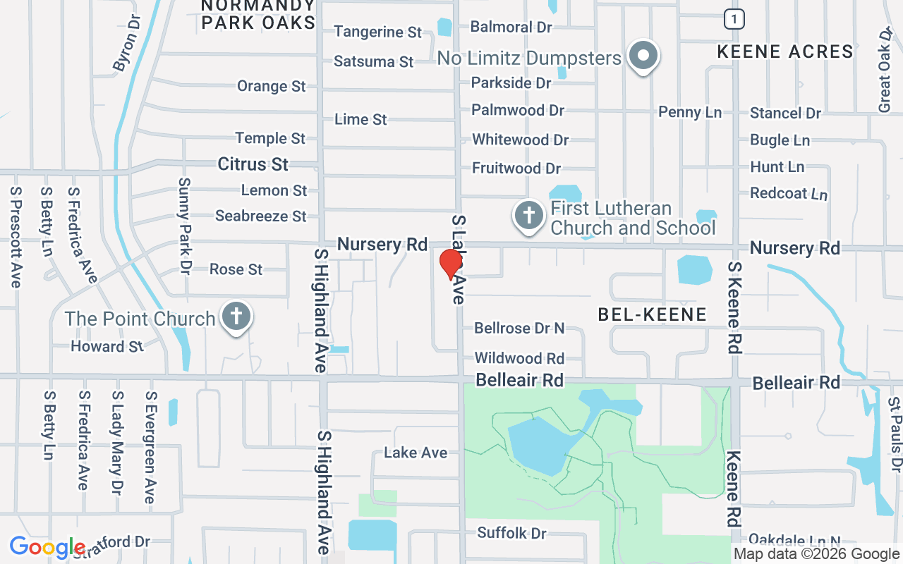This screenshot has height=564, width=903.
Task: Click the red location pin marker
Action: coord(451,264)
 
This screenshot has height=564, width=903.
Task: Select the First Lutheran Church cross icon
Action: coord(528,215)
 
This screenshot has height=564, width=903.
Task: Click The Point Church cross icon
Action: coord(236,317)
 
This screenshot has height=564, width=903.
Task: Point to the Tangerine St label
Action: coord(377,32)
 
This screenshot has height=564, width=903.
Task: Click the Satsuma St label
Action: coord(373,61)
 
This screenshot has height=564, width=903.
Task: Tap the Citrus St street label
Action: coord(253,164)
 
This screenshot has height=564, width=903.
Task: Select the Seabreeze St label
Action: coord(261,216)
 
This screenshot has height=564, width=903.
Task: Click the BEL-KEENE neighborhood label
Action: coord(652,314)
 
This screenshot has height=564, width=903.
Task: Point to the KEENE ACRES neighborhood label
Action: coord(785,51)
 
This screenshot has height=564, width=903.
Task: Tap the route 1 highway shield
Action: coord(734,19)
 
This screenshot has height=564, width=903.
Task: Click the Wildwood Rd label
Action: coord(519,358)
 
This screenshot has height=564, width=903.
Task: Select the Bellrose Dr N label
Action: coord(519,328)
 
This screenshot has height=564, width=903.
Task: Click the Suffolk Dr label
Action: coord(512,532)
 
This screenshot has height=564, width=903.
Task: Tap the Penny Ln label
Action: coord(690,112)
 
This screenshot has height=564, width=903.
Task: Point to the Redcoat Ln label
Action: coord(789,193)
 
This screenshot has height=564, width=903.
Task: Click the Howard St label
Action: coord(107,346)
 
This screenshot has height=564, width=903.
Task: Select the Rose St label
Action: coord(236,269)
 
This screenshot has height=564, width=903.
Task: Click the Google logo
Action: coord(47,547)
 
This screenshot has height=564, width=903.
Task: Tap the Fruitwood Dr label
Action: coord(516,168)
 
